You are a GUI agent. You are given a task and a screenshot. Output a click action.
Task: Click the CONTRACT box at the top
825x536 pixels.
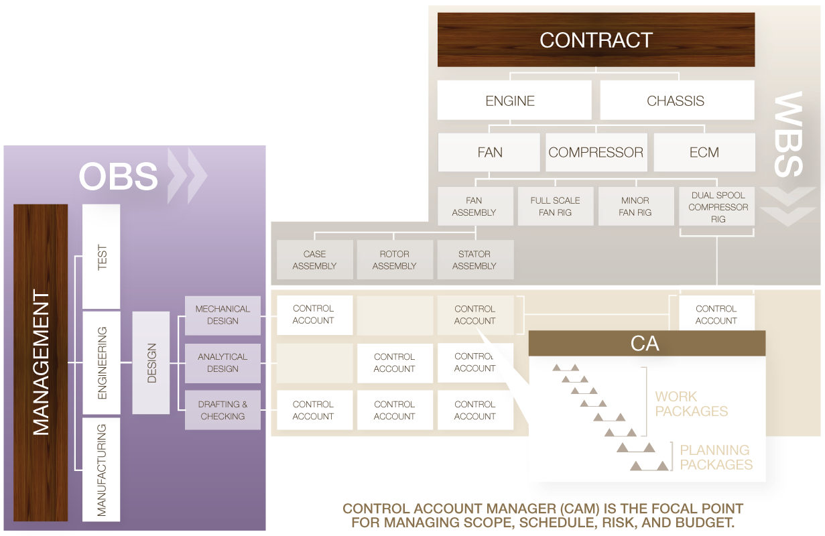596,40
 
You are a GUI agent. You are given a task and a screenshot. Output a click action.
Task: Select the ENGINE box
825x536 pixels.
514,100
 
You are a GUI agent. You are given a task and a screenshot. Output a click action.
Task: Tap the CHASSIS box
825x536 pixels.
676,100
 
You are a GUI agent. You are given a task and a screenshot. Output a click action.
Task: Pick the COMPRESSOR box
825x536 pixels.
596,152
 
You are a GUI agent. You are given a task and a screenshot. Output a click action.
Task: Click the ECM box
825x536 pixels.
704,152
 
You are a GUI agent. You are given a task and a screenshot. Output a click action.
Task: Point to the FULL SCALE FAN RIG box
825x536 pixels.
555,206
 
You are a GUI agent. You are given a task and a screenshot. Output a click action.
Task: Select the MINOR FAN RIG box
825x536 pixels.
635,206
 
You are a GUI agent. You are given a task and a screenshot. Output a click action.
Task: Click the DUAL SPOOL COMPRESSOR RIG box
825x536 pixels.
717,206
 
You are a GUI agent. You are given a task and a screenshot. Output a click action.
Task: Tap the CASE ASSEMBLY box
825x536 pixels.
314,259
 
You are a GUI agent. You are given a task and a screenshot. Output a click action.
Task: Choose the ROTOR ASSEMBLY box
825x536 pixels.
394,259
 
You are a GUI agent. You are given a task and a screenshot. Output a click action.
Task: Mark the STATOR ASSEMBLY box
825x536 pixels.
474,259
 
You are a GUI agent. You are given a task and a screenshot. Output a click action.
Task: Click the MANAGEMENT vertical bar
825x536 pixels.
41,362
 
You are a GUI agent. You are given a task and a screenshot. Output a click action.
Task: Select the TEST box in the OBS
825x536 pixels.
101,257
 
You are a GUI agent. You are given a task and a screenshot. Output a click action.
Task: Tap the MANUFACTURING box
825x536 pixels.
101,469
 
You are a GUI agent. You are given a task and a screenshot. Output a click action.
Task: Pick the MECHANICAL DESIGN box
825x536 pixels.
223,315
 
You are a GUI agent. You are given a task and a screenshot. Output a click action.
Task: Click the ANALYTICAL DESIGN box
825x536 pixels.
223,362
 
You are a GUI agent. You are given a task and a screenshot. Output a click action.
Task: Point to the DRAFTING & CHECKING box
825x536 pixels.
223,410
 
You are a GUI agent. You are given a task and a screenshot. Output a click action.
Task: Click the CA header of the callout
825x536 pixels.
646,344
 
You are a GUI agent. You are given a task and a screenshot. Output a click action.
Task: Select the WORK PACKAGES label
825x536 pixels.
691,403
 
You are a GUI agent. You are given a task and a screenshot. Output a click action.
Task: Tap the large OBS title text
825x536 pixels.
119,176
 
